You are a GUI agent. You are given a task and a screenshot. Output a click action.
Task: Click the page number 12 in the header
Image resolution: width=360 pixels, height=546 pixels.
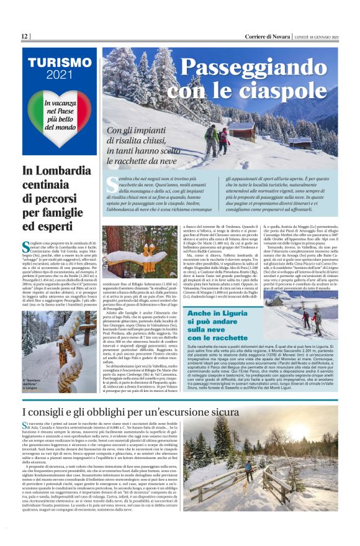(24, 37)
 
